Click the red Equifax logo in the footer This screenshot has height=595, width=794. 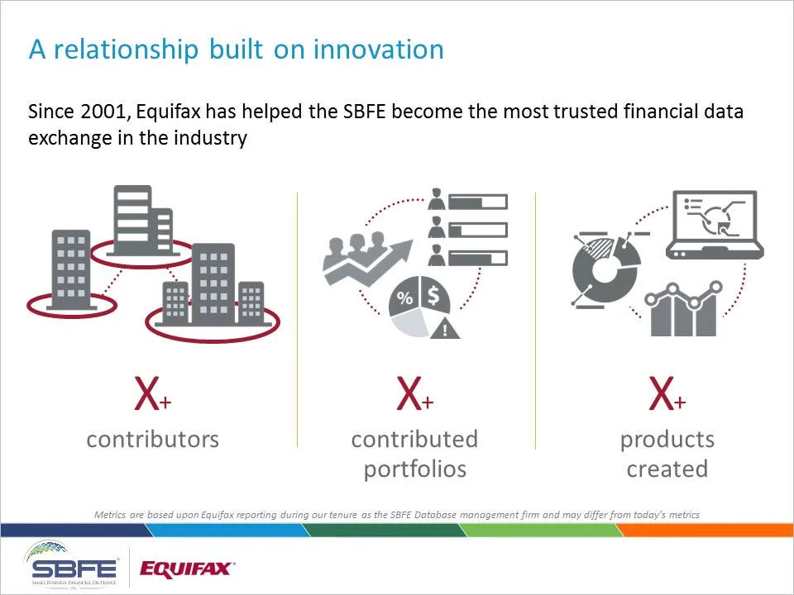pyautogui.click(x=187, y=568)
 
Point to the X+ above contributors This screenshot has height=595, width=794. pyautogui.click(x=152, y=396)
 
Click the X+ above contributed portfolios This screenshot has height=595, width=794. pyautogui.click(x=414, y=396)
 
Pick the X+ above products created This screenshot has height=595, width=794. pyautogui.click(x=667, y=396)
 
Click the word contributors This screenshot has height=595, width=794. pyautogui.click(x=152, y=439)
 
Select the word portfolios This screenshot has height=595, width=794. pyautogui.click(x=414, y=469)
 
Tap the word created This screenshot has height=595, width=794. pyautogui.click(x=667, y=469)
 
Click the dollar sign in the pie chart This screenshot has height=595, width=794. pyautogui.click(x=433, y=294)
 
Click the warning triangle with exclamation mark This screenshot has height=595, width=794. pyautogui.click(x=446, y=330)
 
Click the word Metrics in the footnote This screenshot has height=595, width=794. pyautogui.click(x=111, y=515)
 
